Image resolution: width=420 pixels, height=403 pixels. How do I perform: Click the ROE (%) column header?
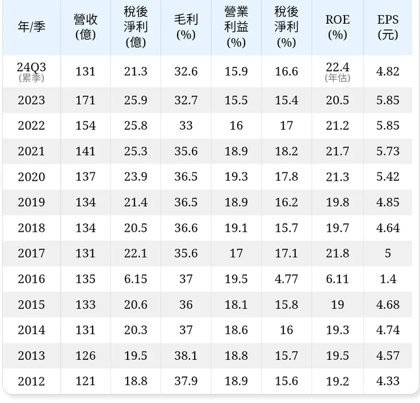337,27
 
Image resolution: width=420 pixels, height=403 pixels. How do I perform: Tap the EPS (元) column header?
388,27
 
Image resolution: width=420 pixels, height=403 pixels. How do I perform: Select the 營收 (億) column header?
86,27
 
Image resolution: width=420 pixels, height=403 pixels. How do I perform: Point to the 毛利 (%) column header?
186,27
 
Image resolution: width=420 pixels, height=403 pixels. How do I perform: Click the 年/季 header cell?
31,27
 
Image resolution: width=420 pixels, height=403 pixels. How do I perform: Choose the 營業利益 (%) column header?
236,27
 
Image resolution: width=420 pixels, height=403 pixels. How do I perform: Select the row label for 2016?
31,279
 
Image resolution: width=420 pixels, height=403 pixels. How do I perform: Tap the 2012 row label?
31,381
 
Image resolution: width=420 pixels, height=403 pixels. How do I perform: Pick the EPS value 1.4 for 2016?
388,279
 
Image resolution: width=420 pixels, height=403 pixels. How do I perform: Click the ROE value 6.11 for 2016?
337,279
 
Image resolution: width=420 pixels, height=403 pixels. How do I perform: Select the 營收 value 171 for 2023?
86,100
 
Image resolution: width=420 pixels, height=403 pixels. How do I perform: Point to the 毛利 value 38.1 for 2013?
186,355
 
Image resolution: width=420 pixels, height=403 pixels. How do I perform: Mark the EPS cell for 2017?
388,253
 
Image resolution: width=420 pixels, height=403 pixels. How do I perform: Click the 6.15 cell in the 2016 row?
136,279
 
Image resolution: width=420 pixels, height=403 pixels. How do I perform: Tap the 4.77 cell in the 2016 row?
287,279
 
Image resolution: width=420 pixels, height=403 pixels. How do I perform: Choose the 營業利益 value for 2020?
236,177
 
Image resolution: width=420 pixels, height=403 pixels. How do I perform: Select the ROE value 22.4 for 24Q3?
337,67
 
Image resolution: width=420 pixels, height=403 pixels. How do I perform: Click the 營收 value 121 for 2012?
86,381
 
